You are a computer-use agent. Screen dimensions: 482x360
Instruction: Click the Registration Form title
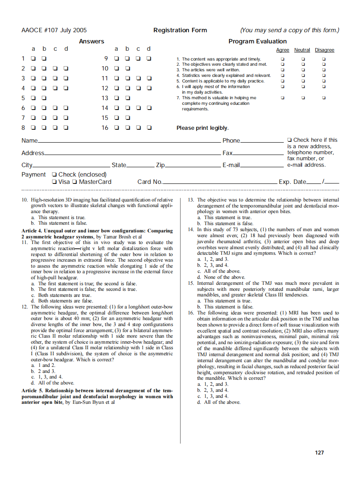click(x=180, y=30)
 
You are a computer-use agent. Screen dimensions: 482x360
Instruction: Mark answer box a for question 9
click(x=116, y=58)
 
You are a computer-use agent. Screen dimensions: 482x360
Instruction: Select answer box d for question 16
click(x=149, y=128)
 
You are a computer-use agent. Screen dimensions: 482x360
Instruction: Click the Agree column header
click(x=282, y=50)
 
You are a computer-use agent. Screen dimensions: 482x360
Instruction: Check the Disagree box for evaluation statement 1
click(x=324, y=59)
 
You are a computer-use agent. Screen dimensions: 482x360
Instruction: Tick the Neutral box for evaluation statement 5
click(x=303, y=81)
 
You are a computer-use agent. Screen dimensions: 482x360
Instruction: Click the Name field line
click(x=129, y=141)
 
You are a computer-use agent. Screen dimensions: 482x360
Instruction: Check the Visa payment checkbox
click(x=54, y=182)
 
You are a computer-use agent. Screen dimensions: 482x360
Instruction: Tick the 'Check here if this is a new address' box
click(x=290, y=140)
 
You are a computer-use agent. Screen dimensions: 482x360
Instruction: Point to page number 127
click(x=319, y=452)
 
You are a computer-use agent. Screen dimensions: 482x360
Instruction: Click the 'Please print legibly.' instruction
click(x=202, y=128)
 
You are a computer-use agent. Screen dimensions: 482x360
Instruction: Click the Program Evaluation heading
click(x=257, y=41)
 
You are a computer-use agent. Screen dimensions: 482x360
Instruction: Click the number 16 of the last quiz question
click(x=190, y=313)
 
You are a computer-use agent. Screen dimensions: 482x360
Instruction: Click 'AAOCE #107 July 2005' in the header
click(x=54, y=30)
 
